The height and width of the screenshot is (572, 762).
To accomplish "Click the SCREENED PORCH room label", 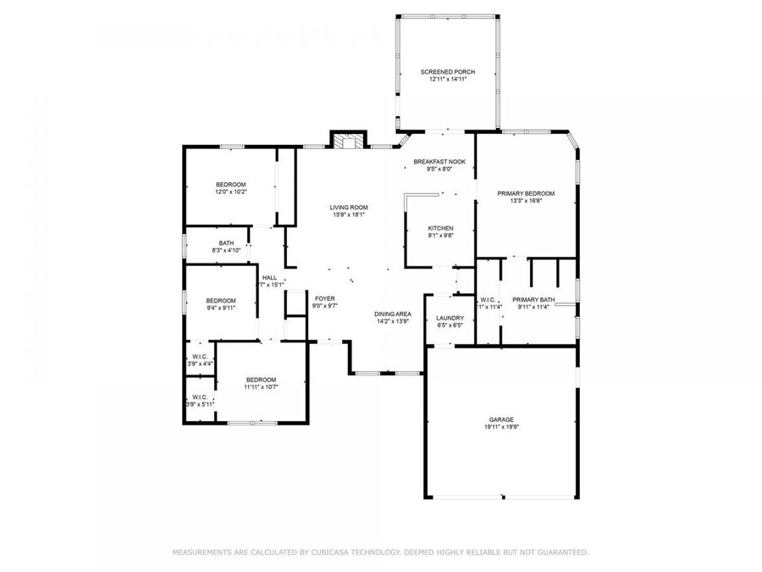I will pyautogui.click(x=448, y=72).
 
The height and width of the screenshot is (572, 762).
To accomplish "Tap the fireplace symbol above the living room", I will pyautogui.click(x=347, y=141).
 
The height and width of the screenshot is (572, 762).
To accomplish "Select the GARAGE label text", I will pyautogui.click(x=500, y=419).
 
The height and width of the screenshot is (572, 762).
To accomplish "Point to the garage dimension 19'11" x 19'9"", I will pyautogui.click(x=500, y=427).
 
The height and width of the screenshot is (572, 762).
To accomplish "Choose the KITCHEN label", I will pyautogui.click(x=440, y=228).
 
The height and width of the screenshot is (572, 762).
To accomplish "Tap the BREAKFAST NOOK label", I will pyautogui.click(x=439, y=161).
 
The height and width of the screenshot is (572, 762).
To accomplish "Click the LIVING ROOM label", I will pyautogui.click(x=349, y=207).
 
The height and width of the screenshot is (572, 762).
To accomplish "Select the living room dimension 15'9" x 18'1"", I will pyautogui.click(x=349, y=214).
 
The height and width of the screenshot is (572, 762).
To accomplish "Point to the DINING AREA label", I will pyautogui.click(x=393, y=314).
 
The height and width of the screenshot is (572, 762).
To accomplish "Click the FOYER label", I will pyautogui.click(x=325, y=298).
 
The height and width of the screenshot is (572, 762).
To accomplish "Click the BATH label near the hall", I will pyautogui.click(x=226, y=242).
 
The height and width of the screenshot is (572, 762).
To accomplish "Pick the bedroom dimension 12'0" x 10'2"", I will pyautogui.click(x=230, y=192).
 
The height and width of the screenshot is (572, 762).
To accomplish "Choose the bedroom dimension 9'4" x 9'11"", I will pyautogui.click(x=221, y=308).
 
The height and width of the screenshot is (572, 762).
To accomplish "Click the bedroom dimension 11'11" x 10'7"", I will pyautogui.click(x=261, y=387).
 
